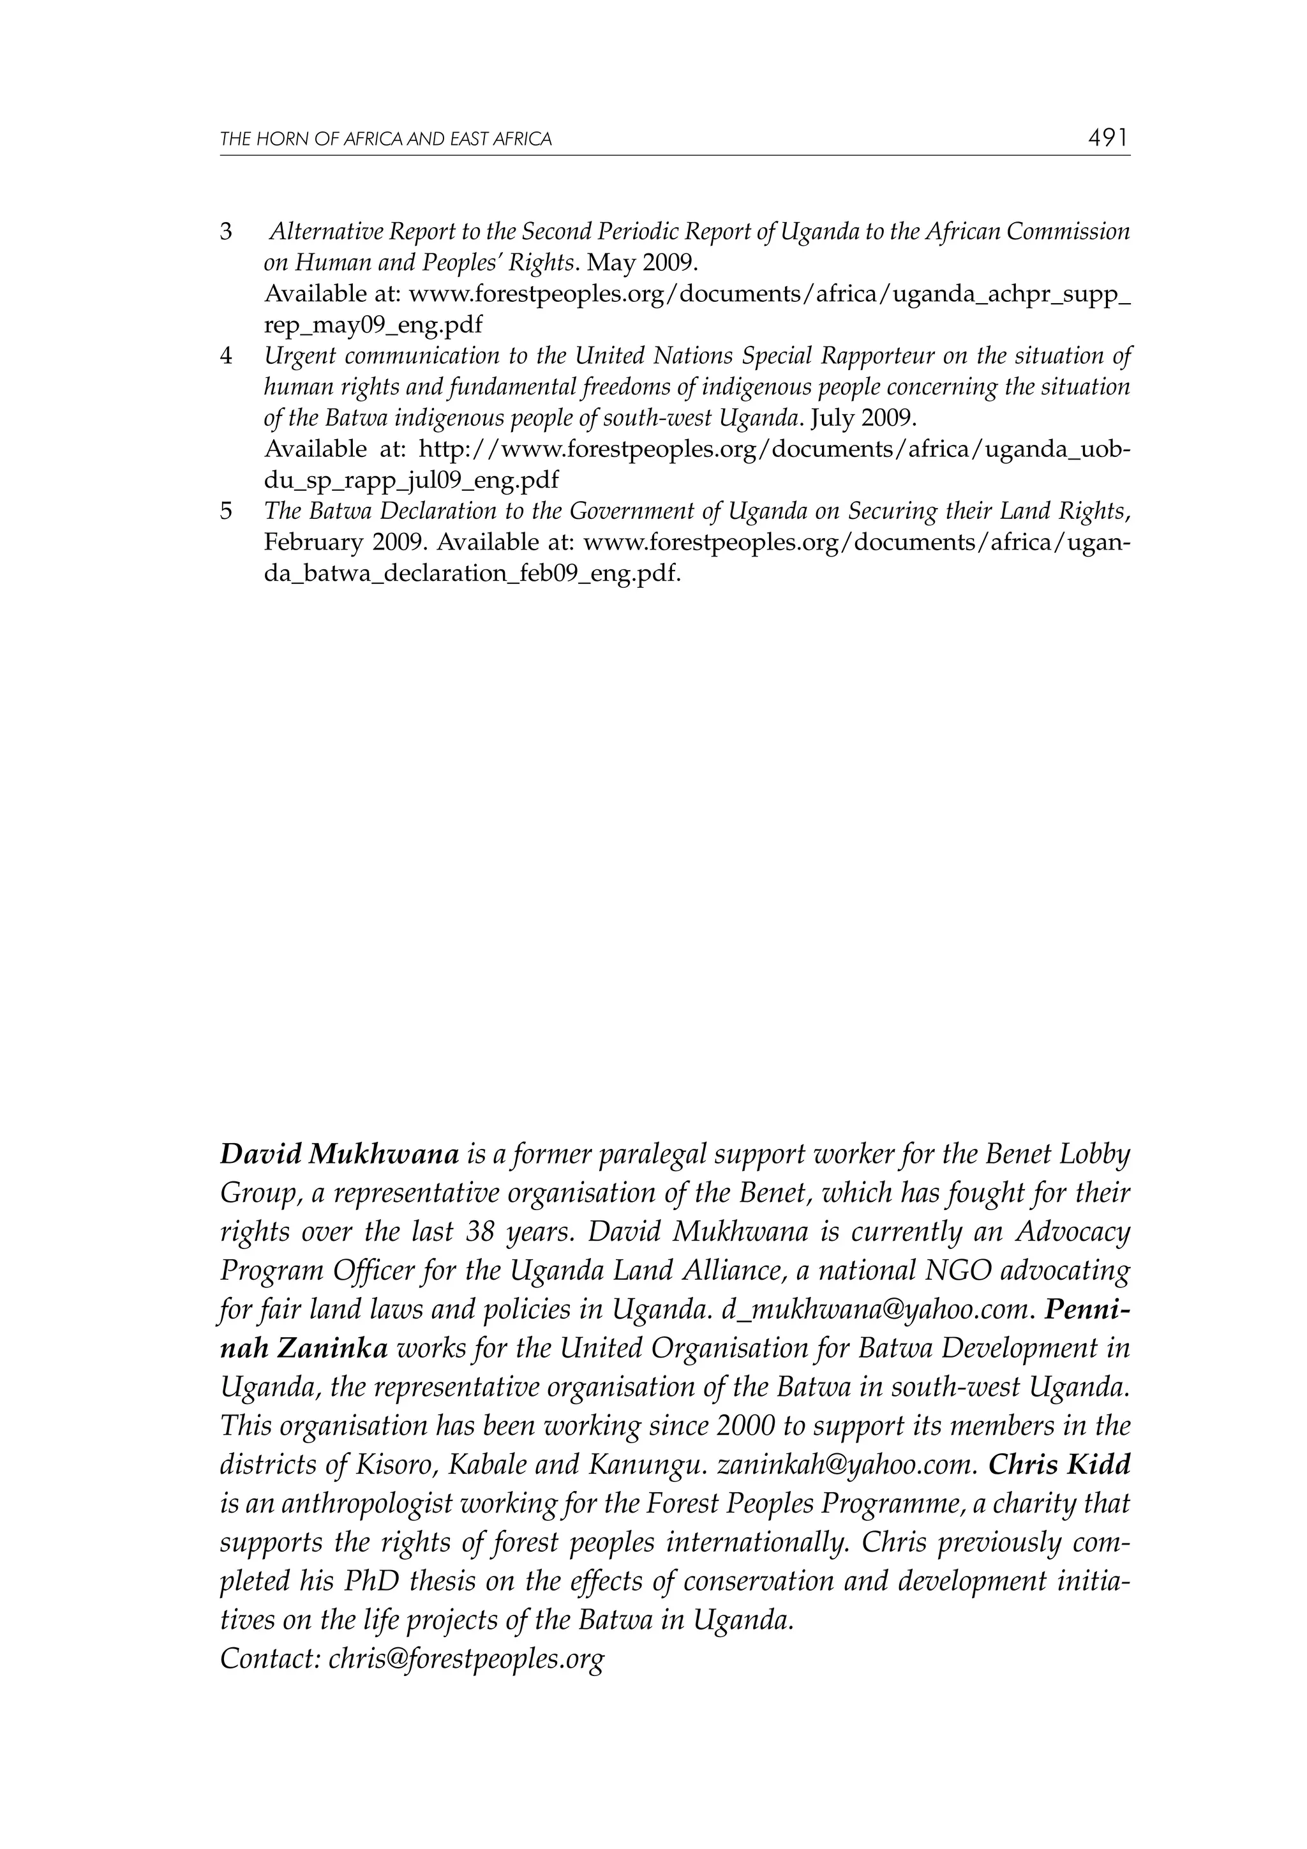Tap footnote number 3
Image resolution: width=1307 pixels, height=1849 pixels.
(x=227, y=232)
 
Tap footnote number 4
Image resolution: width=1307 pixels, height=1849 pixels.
(x=227, y=356)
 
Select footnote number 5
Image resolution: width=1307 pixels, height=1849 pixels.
(x=227, y=511)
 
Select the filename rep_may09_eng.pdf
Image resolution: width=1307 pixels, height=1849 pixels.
(x=374, y=326)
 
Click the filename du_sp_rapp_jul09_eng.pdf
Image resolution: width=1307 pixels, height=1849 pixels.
(x=411, y=481)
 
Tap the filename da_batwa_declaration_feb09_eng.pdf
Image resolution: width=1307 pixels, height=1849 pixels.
(x=472, y=574)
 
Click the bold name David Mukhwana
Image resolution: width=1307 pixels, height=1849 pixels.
(x=339, y=1155)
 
